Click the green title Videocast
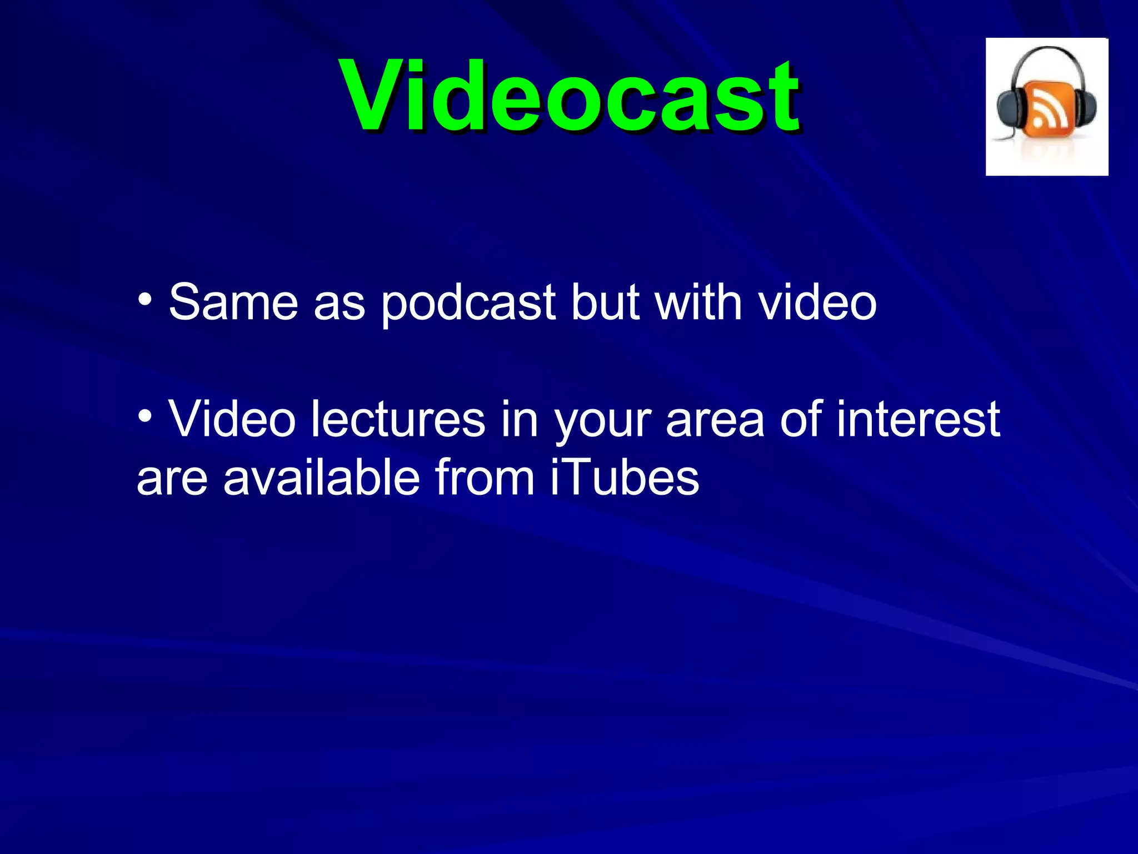[x=571, y=96]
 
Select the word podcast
[x=468, y=304]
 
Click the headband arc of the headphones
[x=1048, y=51]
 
